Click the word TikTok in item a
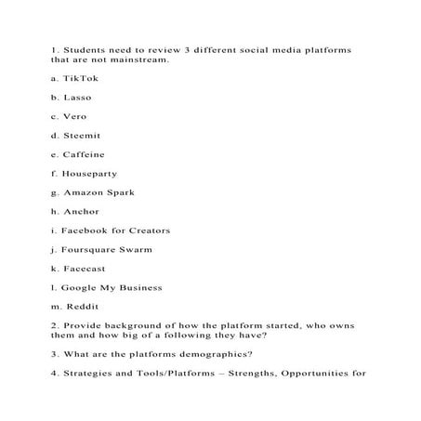coord(80,79)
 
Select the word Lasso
coord(77,98)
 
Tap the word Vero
coord(75,117)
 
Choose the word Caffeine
coord(85,154)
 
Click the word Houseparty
coord(90,174)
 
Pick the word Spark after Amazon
coord(121,192)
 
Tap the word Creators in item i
coord(149,230)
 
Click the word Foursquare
coord(90,249)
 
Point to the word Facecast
coord(84,269)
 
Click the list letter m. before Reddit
coord(57,307)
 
